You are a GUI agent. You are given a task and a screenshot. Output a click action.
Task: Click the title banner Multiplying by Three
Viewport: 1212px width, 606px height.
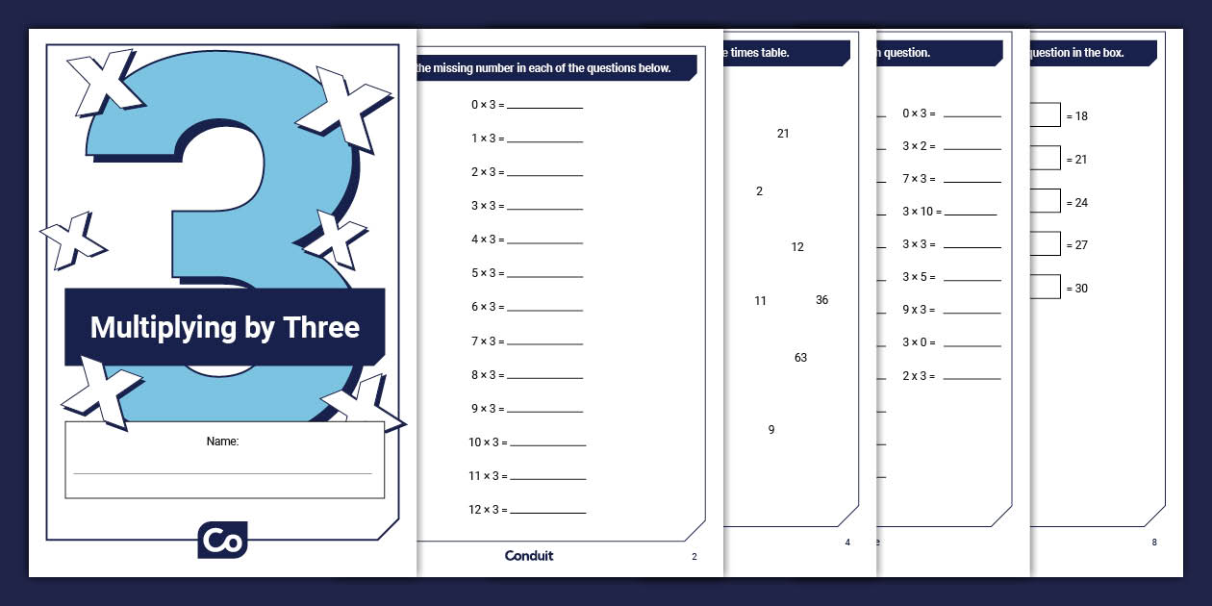tap(224, 327)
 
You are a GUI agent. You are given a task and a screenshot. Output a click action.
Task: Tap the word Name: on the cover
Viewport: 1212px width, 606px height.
tap(222, 442)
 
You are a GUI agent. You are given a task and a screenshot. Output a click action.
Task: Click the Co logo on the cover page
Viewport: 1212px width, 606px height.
tap(222, 540)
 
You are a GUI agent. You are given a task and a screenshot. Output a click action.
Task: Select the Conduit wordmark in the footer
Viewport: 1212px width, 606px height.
tap(529, 556)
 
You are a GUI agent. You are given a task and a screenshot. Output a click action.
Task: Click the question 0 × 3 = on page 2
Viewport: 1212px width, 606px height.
tap(488, 105)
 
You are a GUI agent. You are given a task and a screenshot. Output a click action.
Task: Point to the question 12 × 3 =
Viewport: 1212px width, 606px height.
tap(488, 510)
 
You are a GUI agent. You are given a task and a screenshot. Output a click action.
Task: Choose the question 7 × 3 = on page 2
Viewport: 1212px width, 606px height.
tap(488, 341)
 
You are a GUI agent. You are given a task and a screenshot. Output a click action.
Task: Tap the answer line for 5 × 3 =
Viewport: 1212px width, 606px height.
tap(544, 277)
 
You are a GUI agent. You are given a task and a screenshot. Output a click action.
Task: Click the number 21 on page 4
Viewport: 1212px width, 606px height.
tap(783, 134)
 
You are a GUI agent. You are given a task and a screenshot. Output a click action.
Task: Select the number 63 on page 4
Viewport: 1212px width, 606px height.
tap(800, 358)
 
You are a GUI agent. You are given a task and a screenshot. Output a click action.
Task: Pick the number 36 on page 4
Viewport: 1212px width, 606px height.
tap(821, 300)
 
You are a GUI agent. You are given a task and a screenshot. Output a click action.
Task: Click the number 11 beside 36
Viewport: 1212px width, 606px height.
tap(760, 301)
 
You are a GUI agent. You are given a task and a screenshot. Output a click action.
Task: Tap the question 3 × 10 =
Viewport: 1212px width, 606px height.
tap(922, 212)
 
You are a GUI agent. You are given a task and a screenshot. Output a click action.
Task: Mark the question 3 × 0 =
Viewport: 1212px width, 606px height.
tap(919, 342)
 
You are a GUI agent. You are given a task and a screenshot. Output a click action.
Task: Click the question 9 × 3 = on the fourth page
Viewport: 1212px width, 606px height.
tap(919, 310)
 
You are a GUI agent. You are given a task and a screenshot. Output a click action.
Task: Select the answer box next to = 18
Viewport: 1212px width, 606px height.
tap(1045, 115)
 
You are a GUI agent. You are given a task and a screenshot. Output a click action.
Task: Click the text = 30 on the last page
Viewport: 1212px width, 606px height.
tap(1077, 289)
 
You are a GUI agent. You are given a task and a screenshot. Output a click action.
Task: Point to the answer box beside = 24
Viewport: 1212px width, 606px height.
tap(1045, 202)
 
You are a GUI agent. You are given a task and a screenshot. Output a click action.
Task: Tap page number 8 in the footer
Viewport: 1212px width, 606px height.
tap(1154, 543)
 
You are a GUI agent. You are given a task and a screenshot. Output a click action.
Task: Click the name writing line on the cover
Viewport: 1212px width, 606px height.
tap(222, 473)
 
